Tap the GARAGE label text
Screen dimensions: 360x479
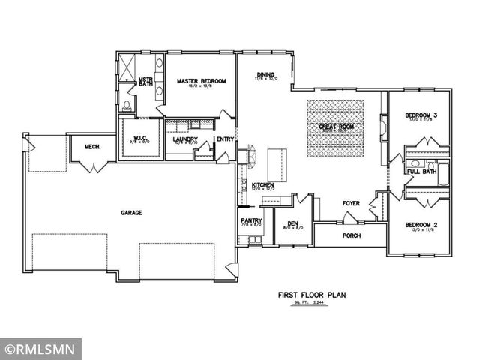132,212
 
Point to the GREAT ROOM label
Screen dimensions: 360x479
335,127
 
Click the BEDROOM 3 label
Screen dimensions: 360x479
421,115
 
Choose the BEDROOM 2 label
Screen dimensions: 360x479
421,225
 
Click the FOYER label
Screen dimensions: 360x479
352,203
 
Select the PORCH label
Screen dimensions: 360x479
352,235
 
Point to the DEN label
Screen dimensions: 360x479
292,223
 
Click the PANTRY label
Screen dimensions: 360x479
250,220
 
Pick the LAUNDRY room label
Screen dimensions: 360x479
184,139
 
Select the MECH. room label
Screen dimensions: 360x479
93,146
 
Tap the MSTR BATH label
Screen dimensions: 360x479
145,81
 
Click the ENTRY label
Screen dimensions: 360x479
225,139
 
